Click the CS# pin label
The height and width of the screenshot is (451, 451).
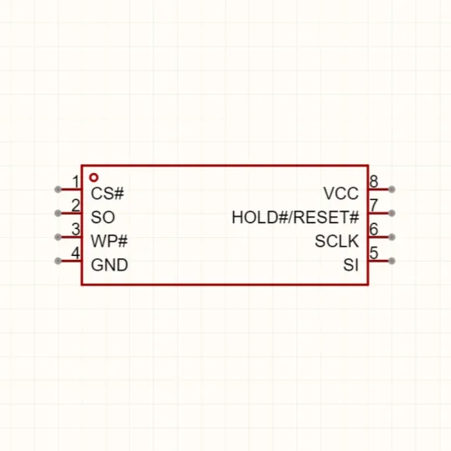click(x=107, y=194)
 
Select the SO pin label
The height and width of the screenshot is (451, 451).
click(x=102, y=217)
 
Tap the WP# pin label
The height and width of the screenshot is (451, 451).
click(x=109, y=241)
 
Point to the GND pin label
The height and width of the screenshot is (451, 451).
click(x=109, y=265)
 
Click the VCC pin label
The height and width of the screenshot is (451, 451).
click(x=341, y=194)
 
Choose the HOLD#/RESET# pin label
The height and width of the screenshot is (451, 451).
click(x=295, y=217)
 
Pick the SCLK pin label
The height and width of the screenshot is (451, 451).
click(x=337, y=241)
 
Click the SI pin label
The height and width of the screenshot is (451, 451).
click(x=351, y=265)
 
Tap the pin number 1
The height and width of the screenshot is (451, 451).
click(x=75, y=182)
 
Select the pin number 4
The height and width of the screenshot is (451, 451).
click(x=75, y=253)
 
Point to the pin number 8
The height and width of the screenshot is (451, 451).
click(x=374, y=182)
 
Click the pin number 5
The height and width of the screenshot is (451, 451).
click(x=374, y=253)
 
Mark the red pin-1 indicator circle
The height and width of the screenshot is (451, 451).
click(x=93, y=175)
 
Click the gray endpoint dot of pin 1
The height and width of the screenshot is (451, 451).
click(x=58, y=189)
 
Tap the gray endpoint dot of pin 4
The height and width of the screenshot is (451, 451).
click(x=58, y=261)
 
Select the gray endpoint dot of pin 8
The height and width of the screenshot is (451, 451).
click(x=391, y=189)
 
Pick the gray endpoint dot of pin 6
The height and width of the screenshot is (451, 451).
click(x=391, y=237)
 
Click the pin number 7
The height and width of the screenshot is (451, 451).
click(x=374, y=205)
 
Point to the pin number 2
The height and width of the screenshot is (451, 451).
click(x=75, y=205)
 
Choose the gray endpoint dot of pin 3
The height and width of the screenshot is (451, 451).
click(x=58, y=237)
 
